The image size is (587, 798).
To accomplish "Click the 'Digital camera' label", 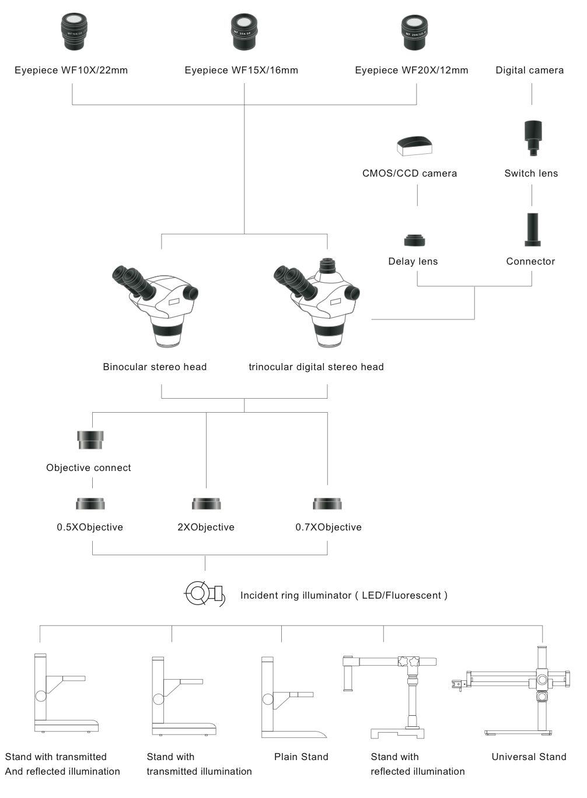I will click(529, 71).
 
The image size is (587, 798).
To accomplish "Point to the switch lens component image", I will click(533, 138).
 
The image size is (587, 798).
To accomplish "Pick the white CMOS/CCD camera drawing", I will click(414, 145).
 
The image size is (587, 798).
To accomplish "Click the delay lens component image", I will click(414, 240).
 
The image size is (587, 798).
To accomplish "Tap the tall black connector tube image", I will click(532, 230).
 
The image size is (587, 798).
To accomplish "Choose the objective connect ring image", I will click(90, 440).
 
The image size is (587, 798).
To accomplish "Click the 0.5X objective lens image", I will click(90, 504).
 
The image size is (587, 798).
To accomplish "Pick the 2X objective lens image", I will click(206, 504).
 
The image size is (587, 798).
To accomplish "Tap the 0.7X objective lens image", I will click(327, 504).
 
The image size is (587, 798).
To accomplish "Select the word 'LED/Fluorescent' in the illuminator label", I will click(401, 596).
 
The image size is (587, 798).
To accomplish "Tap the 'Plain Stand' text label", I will click(301, 757).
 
